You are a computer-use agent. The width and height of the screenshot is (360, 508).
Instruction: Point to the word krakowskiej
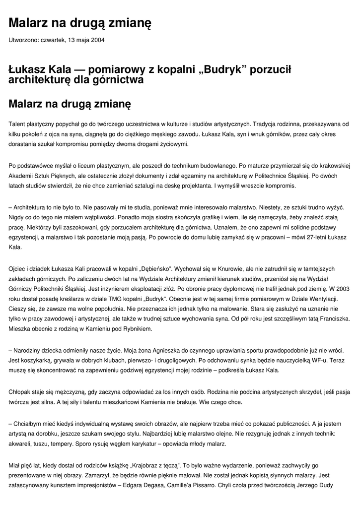point(333,165)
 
